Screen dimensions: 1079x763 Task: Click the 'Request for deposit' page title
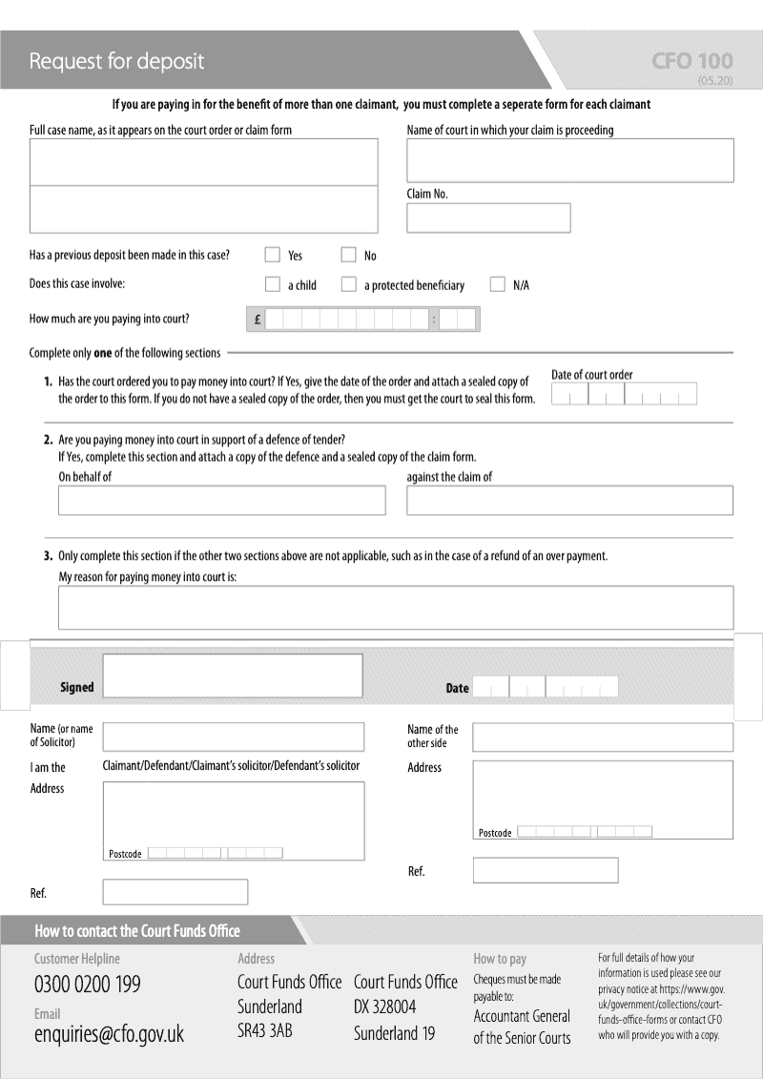click(x=116, y=62)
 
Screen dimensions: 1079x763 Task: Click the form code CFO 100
click(x=692, y=62)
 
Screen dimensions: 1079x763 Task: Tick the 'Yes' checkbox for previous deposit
click(x=272, y=255)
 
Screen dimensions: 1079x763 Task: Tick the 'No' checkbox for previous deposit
click(x=348, y=255)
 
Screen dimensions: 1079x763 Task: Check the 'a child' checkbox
click(x=272, y=284)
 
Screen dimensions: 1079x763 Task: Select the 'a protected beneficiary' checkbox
click(x=348, y=284)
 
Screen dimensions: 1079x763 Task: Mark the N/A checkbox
click(x=497, y=284)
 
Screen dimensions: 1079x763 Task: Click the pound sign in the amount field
click(x=258, y=321)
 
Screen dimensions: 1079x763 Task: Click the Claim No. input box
click(x=488, y=218)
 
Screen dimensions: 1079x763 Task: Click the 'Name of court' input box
click(x=570, y=160)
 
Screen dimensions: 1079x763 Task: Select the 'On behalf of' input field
click(x=221, y=500)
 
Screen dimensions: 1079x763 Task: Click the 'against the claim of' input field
click(x=570, y=500)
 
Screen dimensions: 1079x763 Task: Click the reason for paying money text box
click(x=396, y=608)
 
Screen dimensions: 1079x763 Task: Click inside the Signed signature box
click(x=233, y=675)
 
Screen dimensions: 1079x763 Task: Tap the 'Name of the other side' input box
click(x=603, y=737)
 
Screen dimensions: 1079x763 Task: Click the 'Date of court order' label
click(x=591, y=375)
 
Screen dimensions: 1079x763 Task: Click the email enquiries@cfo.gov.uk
click(x=109, y=1034)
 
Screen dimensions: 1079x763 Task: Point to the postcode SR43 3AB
click(x=264, y=1031)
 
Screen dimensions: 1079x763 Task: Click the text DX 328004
click(x=384, y=1007)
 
